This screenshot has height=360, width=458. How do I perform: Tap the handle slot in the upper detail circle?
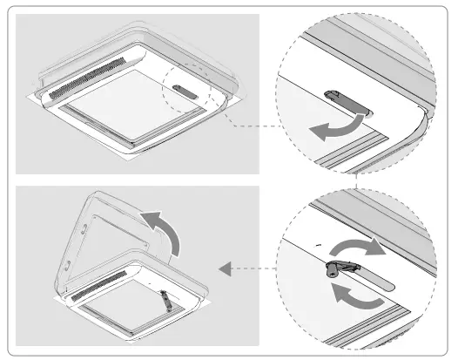tap(344, 98)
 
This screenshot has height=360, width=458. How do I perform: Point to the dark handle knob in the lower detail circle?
tap(331, 271)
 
